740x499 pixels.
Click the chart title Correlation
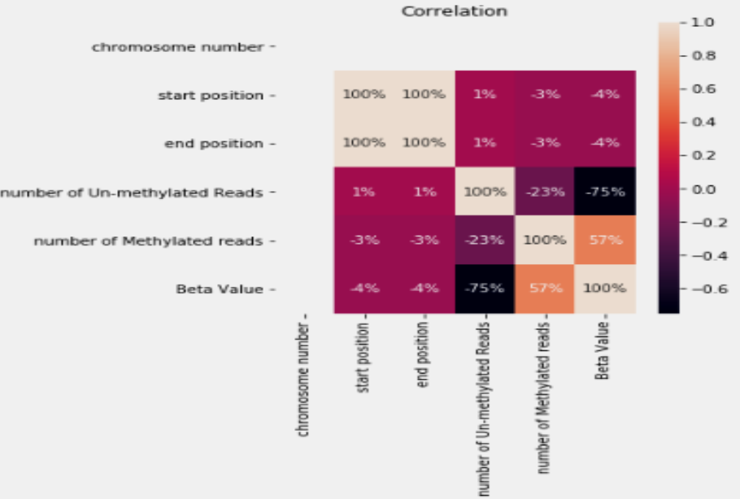point(455,11)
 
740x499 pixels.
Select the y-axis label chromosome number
point(177,46)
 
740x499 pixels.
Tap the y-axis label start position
point(211,95)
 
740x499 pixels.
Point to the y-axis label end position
point(214,143)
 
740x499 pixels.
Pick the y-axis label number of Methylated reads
point(148,241)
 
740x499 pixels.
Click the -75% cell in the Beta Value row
point(484,289)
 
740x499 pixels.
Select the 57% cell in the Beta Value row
point(544,289)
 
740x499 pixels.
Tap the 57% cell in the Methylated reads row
point(604,241)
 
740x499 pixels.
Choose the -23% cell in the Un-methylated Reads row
point(544,192)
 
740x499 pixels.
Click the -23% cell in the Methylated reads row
point(484,241)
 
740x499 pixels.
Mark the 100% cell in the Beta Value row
point(604,289)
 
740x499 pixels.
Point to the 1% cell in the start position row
point(484,95)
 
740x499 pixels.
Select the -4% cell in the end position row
point(604,143)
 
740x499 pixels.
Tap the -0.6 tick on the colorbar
point(702,289)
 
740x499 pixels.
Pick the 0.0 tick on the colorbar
point(702,189)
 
